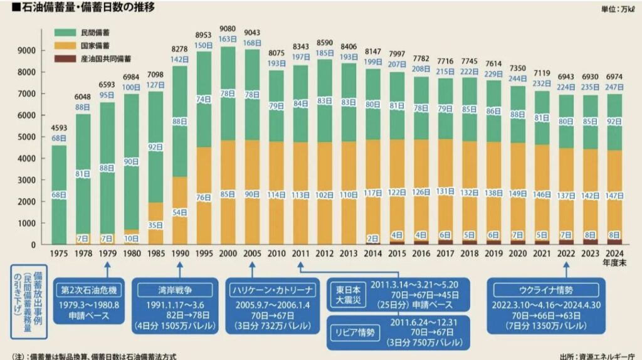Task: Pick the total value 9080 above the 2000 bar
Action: pos(228,28)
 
